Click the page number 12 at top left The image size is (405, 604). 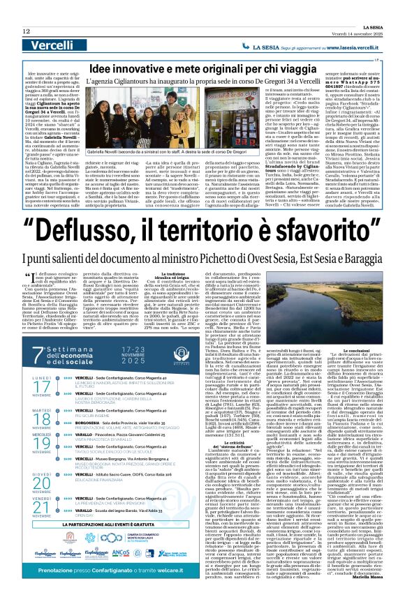pyautogui.click(x=26, y=31)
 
